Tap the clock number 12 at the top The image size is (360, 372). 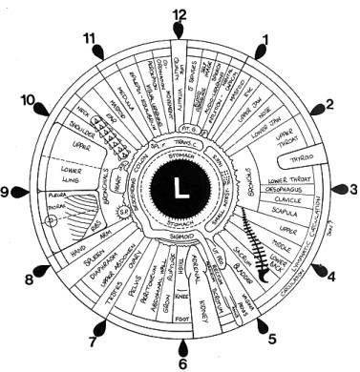[179, 14]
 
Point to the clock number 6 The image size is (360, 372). [182, 362]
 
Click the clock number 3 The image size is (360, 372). [352, 189]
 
